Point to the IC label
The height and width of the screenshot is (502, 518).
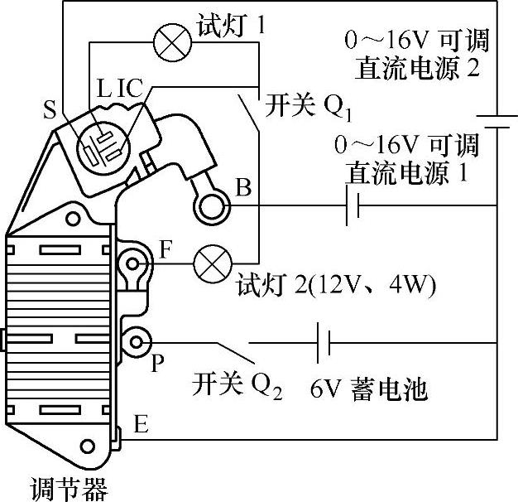click(x=132, y=87)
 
